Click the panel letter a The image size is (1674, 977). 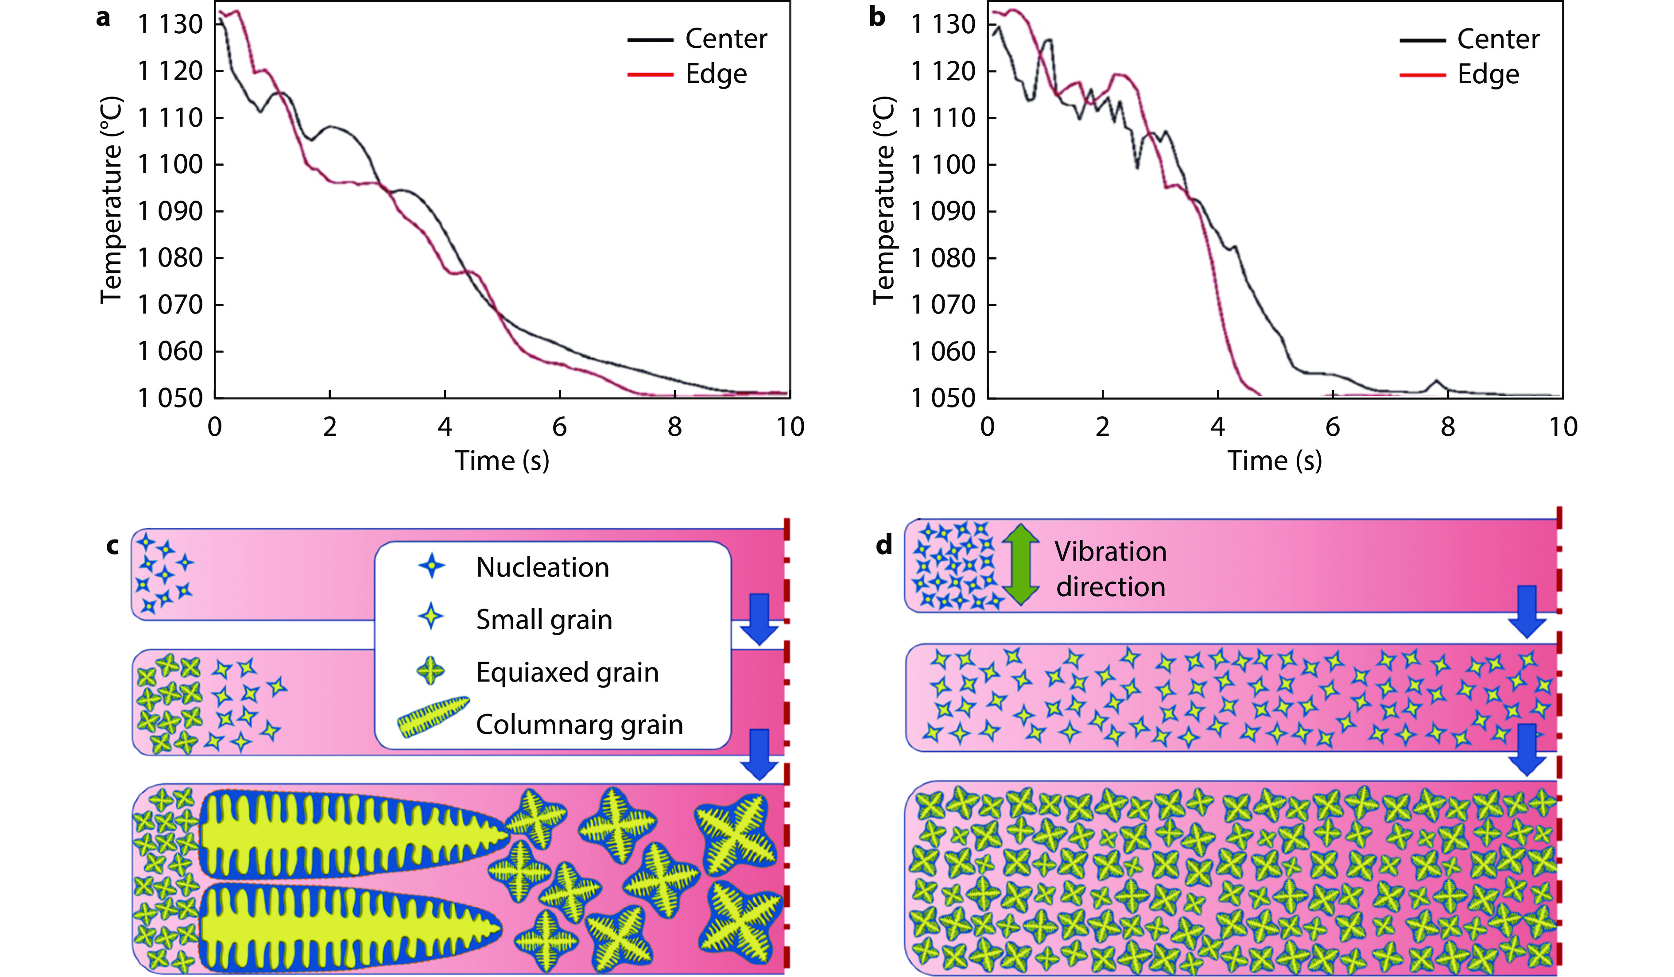click(103, 18)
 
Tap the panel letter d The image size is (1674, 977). click(883, 545)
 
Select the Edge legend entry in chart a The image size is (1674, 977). click(716, 74)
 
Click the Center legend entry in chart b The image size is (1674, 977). click(1497, 39)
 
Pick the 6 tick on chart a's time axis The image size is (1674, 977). click(559, 426)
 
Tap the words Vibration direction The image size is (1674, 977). click(1110, 569)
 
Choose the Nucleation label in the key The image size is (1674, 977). click(542, 567)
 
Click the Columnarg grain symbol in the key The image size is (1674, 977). click(433, 717)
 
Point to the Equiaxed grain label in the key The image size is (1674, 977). click(567, 672)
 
